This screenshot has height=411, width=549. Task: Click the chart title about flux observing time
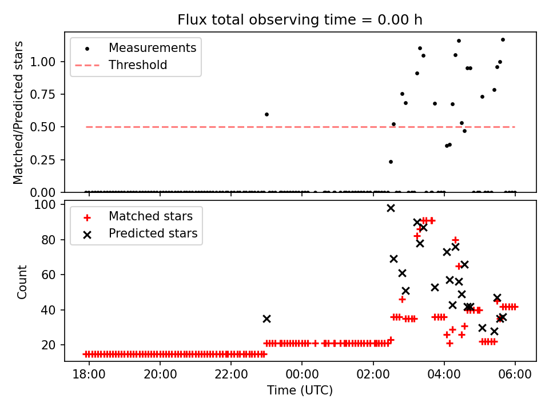(x=300, y=20)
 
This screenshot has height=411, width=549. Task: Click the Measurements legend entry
(x=152, y=48)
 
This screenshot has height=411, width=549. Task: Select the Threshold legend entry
(x=138, y=65)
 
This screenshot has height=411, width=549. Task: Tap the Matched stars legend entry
(x=150, y=216)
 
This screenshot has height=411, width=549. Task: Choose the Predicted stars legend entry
(x=153, y=233)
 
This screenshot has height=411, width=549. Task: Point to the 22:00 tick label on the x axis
(x=231, y=375)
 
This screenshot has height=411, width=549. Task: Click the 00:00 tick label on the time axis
(x=302, y=375)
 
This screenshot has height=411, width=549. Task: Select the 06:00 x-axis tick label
(x=515, y=375)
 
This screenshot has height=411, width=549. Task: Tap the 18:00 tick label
(x=89, y=375)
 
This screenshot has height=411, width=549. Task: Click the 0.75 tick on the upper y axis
(x=48, y=94)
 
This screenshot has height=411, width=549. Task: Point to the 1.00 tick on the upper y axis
(x=48, y=62)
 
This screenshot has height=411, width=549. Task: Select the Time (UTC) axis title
(x=300, y=390)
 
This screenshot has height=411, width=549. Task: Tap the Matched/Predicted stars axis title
(x=19, y=112)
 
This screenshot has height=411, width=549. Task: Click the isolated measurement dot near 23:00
(x=266, y=114)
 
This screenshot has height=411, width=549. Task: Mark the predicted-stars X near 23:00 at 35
(x=266, y=319)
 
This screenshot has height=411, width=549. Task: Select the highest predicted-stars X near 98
(x=391, y=208)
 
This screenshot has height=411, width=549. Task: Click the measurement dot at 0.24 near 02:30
(x=391, y=162)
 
